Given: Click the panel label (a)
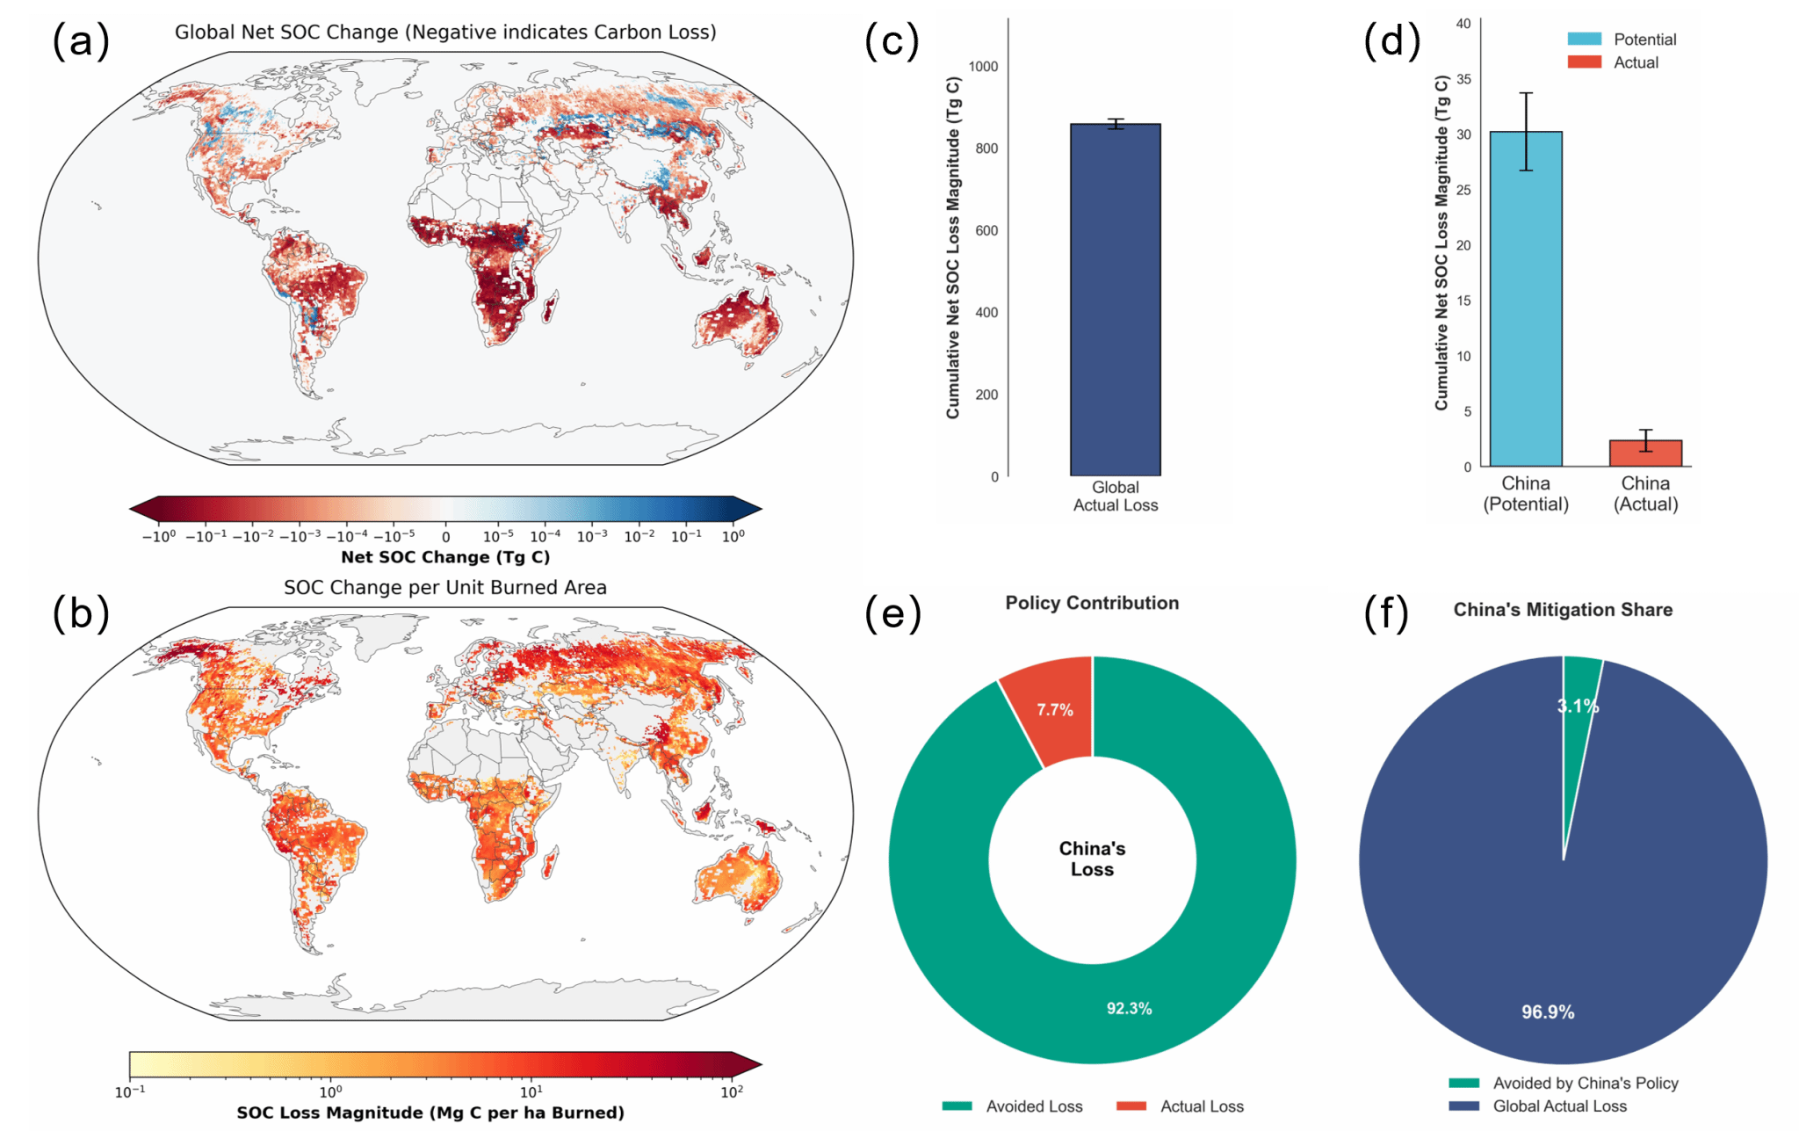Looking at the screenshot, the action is coord(81,41).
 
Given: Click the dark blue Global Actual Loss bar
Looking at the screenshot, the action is coord(1115,300).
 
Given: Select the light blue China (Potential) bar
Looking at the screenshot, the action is coord(1526,299).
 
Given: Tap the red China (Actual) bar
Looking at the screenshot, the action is coord(1645,453).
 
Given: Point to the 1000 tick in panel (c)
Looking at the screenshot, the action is coord(983,67).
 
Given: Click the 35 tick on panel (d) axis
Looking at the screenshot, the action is coord(1463,79).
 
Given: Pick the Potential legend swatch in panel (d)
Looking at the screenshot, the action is coord(1584,40).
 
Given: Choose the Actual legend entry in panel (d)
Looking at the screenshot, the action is coord(1613,62).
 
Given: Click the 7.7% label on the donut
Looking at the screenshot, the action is coord(1054,710).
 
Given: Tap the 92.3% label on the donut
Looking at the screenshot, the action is coord(1129,1008).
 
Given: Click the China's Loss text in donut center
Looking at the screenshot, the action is coord(1092,859).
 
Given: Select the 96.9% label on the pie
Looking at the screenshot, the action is coord(1548,1012).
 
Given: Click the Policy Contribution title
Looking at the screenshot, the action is coord(1092,603).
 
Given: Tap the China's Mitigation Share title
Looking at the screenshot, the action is coord(1563,610).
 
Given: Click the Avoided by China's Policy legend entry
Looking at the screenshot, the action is coord(1564,1084).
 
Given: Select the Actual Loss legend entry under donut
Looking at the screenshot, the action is coord(1180,1106).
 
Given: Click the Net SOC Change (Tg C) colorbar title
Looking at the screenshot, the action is coord(445,557).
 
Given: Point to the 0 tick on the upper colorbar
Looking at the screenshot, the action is coord(445,536).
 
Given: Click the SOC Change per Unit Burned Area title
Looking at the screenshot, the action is coord(445,587).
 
